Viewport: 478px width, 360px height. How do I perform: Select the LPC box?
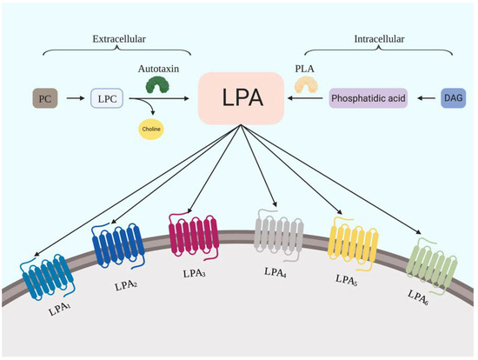pyautogui.click(x=107, y=99)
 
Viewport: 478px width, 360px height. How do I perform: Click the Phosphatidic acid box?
pyautogui.click(x=369, y=99)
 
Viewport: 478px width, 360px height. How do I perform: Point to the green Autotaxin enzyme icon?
pyautogui.click(x=157, y=85)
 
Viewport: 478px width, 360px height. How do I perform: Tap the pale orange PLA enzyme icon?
pyautogui.click(x=304, y=84)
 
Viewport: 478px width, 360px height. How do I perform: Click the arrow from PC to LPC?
pyautogui.click(x=74, y=99)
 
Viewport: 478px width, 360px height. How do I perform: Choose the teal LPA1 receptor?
pyautogui.click(x=47, y=273)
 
